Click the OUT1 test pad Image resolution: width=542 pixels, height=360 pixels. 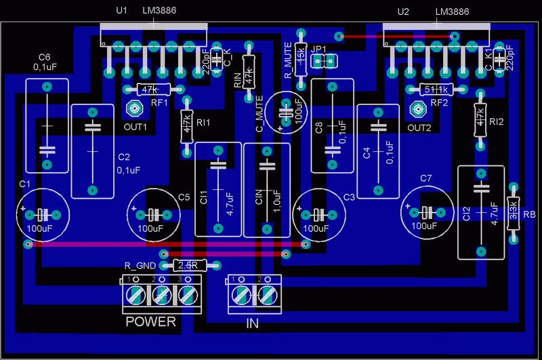pos(134,108)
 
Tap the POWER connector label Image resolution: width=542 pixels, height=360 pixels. pos(150,322)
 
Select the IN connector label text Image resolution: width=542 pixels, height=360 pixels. pos(252,324)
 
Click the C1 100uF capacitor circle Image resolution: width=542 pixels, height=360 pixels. pos(42,214)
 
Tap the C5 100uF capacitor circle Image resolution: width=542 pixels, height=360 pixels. pos(154,214)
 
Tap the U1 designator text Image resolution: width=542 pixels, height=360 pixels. pos(122,11)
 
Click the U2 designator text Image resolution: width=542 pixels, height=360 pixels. pos(403,12)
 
